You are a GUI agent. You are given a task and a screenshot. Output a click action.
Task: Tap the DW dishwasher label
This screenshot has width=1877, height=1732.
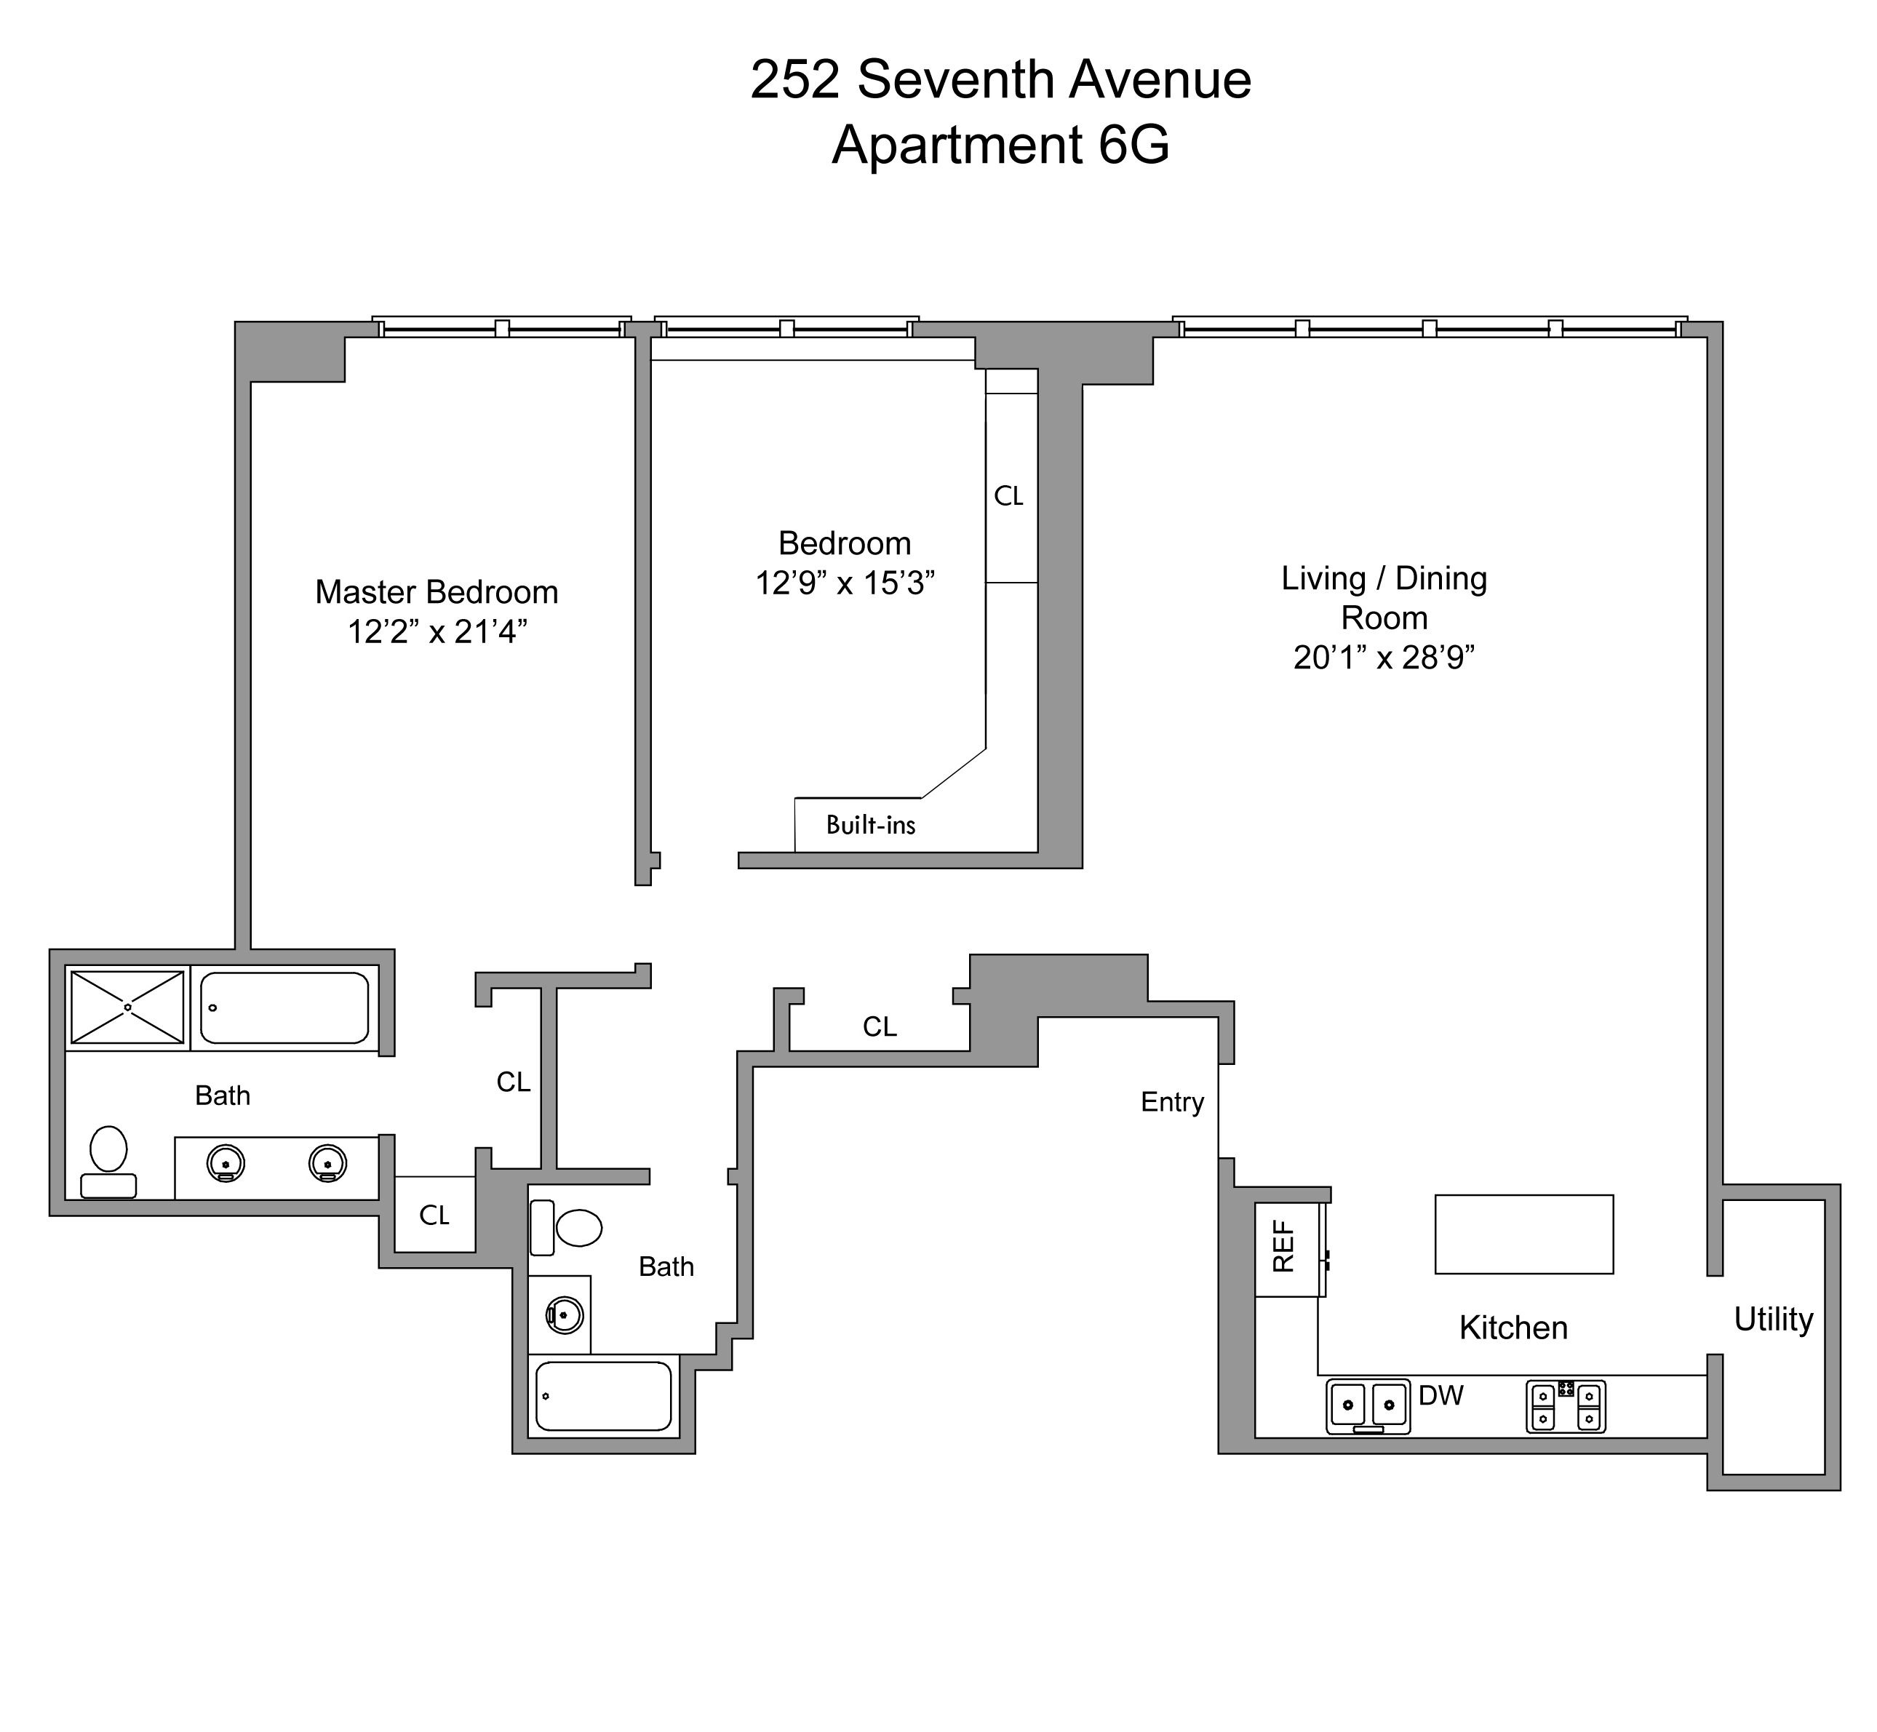1440,1395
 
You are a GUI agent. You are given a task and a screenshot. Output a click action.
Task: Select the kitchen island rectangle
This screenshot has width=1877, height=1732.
1523,1234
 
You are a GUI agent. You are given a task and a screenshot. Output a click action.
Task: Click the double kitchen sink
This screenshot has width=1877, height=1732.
1368,1406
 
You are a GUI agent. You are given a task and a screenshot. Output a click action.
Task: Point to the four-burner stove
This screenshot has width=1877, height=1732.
1565,1407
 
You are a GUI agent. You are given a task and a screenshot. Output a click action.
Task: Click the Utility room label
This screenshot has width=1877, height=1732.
1773,1319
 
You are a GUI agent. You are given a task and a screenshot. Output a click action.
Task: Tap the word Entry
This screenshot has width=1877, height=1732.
1172,1102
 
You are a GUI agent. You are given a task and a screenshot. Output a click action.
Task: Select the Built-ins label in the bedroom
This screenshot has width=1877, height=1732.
870,825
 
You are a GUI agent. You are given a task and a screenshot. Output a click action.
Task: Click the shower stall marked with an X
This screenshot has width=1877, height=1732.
127,1007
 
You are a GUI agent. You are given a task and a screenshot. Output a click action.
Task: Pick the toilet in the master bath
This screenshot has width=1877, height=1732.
108,1161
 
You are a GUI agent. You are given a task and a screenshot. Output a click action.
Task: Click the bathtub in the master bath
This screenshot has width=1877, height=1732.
284,1007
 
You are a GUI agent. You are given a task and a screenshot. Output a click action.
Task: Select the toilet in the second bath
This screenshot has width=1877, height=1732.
568,1227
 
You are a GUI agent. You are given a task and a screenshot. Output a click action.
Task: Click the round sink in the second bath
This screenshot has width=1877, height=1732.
564,1315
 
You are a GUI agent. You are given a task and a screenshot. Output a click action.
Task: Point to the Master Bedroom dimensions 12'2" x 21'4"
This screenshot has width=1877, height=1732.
437,633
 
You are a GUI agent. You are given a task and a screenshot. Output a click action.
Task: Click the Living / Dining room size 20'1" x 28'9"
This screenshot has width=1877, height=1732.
1384,658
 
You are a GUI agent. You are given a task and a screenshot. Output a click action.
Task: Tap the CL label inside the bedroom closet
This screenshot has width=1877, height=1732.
1009,496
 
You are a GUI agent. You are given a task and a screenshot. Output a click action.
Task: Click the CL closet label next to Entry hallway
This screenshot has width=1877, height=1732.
880,1027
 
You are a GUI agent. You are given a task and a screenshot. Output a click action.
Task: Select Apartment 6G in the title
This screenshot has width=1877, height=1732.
1000,145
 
